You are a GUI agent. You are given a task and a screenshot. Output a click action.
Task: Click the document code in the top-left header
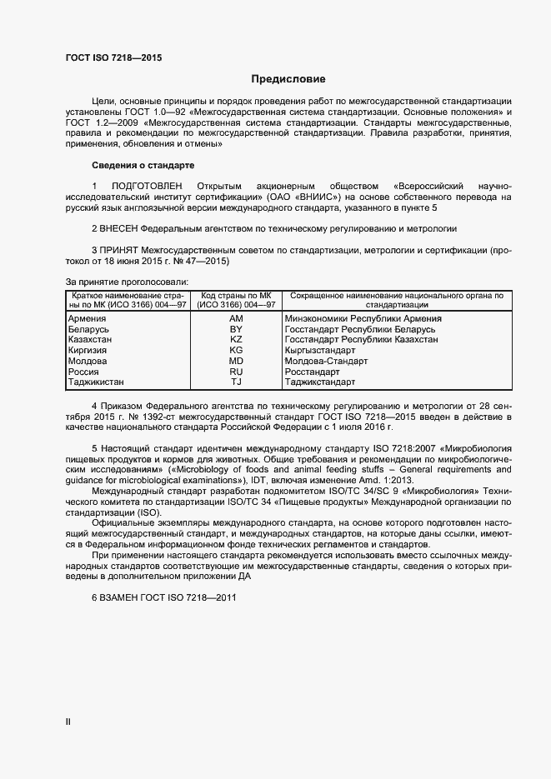113,57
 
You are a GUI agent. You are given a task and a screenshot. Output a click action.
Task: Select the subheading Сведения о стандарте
143,165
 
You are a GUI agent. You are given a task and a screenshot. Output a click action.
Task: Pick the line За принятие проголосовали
126,282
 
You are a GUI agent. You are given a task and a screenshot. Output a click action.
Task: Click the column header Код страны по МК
237,296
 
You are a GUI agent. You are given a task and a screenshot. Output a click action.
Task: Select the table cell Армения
87,319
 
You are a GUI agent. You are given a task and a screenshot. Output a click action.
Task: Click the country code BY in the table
236,330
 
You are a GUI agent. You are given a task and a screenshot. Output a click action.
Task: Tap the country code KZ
236,341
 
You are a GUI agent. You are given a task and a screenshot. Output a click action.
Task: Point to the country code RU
236,372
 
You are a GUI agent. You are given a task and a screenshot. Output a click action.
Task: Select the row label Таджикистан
96,382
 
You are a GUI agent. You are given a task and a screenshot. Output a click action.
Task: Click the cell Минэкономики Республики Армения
363,319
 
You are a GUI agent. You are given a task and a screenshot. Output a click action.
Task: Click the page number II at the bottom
68,722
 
